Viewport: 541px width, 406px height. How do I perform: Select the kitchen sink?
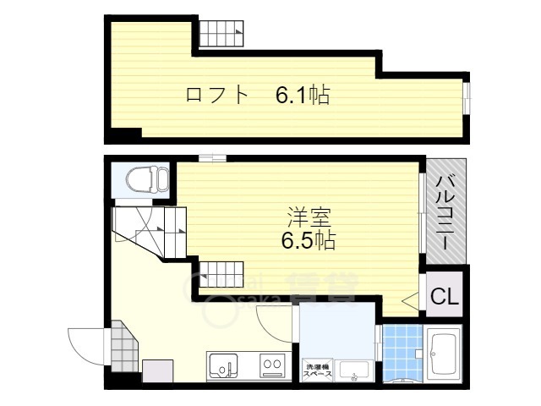coord(223,367)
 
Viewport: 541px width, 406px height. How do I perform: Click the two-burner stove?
coord(272,366)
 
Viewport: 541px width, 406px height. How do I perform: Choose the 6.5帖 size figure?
coord(308,241)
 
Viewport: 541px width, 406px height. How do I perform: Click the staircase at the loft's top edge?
coord(221,35)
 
